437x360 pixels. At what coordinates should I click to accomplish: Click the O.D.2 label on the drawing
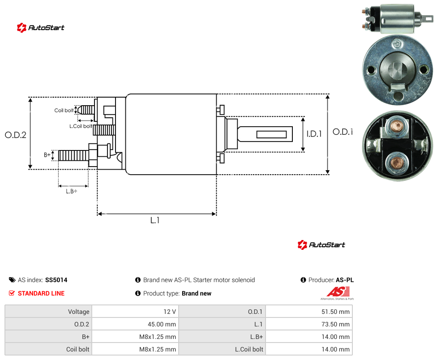pyautogui.click(x=16, y=135)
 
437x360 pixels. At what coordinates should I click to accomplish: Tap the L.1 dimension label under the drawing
pyautogui.click(x=155, y=220)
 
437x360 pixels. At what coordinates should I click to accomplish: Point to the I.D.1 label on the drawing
pyautogui.click(x=314, y=134)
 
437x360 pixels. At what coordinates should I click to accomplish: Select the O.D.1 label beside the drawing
pyautogui.click(x=343, y=132)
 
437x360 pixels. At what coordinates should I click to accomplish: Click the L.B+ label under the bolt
pyautogui.click(x=72, y=191)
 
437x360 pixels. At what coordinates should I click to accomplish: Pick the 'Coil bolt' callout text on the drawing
pyautogui.click(x=64, y=110)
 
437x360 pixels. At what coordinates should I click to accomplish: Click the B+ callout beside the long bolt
pyautogui.click(x=47, y=154)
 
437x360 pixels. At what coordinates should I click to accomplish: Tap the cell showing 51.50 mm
pyautogui.click(x=309, y=312)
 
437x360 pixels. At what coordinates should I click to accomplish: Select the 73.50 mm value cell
pyautogui.click(x=309, y=324)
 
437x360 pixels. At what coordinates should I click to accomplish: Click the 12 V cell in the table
pyautogui.click(x=135, y=312)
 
